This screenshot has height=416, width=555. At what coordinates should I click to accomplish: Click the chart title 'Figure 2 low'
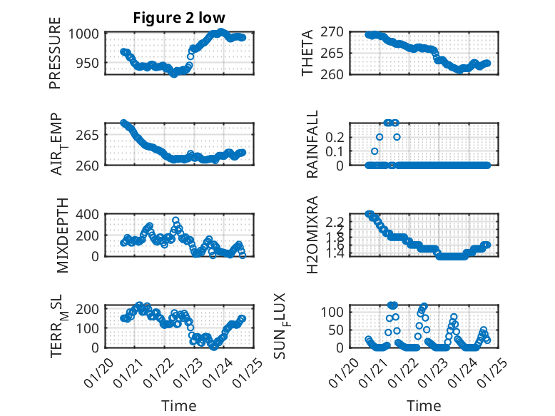[179, 18]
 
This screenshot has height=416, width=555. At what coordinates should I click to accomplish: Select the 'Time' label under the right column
[424, 405]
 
